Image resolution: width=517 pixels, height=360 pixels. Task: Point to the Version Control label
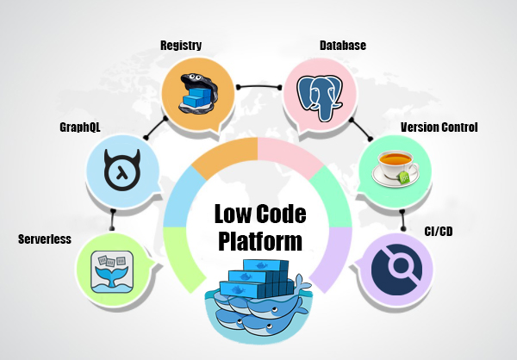coord(439,127)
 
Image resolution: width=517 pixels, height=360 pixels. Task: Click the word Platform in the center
coord(259,239)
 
